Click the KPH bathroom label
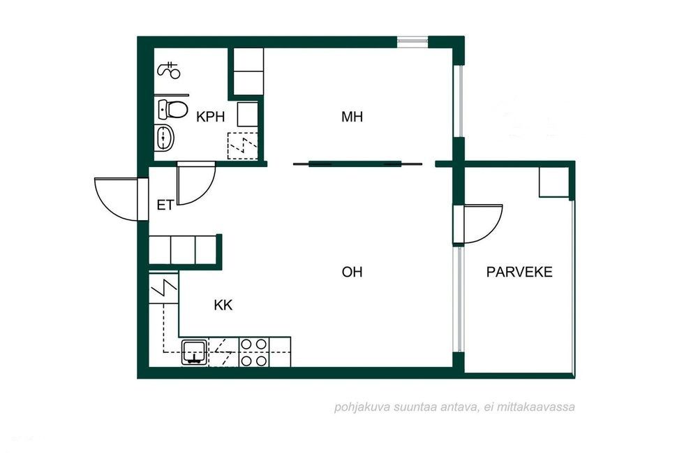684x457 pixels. coord(210,117)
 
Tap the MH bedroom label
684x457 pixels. coord(352,117)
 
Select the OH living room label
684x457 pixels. coord(352,272)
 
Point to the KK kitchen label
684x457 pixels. coord(223,305)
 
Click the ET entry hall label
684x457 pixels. coord(165,205)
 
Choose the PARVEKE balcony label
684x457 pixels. coord(519,272)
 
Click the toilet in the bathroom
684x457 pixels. coord(172,109)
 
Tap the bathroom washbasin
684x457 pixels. coord(164,137)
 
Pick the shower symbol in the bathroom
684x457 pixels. coord(169,71)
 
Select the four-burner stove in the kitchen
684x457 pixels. coord(254,352)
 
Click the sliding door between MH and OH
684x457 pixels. coord(357,164)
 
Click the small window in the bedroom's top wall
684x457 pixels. coord(412,41)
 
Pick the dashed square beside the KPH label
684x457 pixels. coord(243,145)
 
